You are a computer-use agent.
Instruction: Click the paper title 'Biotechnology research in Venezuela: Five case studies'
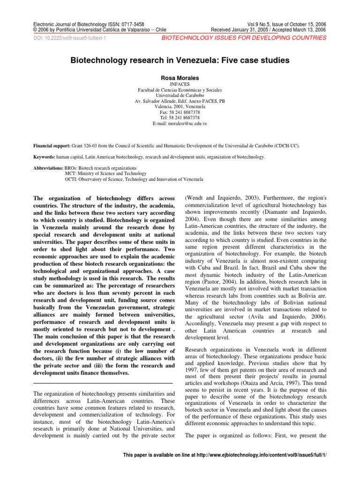coord(180,60)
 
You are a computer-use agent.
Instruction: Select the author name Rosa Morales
coord(180,77)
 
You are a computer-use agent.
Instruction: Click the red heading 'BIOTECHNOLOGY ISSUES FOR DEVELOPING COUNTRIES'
coord(244,38)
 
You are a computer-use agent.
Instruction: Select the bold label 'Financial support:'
coord(52,146)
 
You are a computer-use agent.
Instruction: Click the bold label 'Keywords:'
coord(45,157)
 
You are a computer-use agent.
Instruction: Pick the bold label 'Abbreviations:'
coord(49,168)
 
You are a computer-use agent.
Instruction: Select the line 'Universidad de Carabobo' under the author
coord(180,95)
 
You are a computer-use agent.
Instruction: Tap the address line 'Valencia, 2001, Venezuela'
coord(180,106)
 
